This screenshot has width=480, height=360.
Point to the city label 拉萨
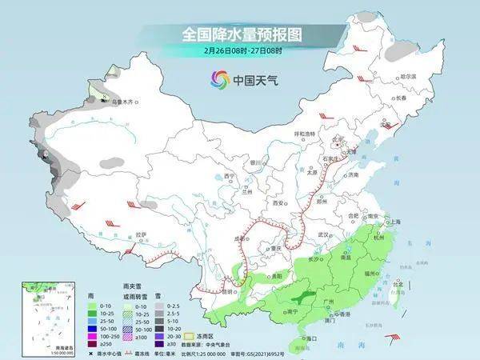click(141, 235)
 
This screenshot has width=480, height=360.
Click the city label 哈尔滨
click(408, 75)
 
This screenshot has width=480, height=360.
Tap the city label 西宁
click(230, 176)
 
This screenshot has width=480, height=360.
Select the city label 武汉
click(323, 234)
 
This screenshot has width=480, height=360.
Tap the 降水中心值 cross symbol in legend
click(90, 353)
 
